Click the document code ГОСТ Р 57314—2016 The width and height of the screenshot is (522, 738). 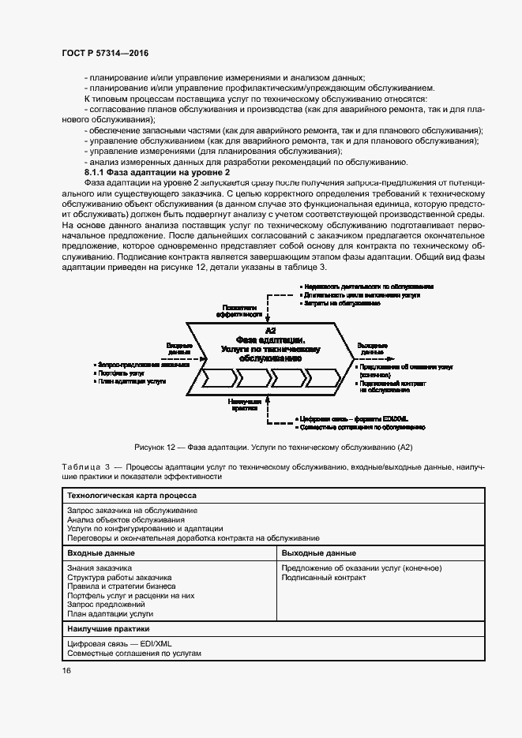coord(105,52)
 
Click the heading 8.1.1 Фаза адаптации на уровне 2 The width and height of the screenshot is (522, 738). coord(157,171)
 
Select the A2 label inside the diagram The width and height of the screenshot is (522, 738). coord(270,329)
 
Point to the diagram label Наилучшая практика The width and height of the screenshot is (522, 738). coord(241,405)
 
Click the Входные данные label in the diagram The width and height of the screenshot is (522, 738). coord(178,348)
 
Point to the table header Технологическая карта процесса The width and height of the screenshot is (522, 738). coord(132,496)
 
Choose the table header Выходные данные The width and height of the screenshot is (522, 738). coord(318,553)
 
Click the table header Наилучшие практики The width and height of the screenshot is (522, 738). coord(110,628)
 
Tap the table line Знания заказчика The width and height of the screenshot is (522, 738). coord(100,568)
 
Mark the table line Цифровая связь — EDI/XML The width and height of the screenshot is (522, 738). coord(119,644)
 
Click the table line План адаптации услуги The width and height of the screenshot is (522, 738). coord(111,613)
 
